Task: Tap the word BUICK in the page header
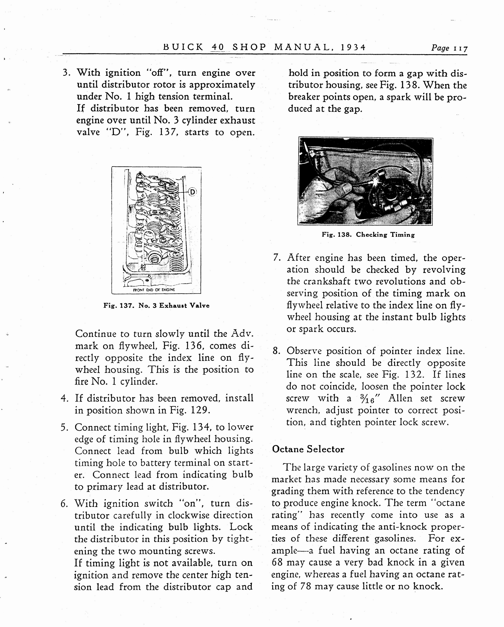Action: (183, 47)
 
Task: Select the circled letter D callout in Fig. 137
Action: (192, 192)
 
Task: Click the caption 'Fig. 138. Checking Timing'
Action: (368, 235)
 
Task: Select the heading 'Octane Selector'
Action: (308, 449)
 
